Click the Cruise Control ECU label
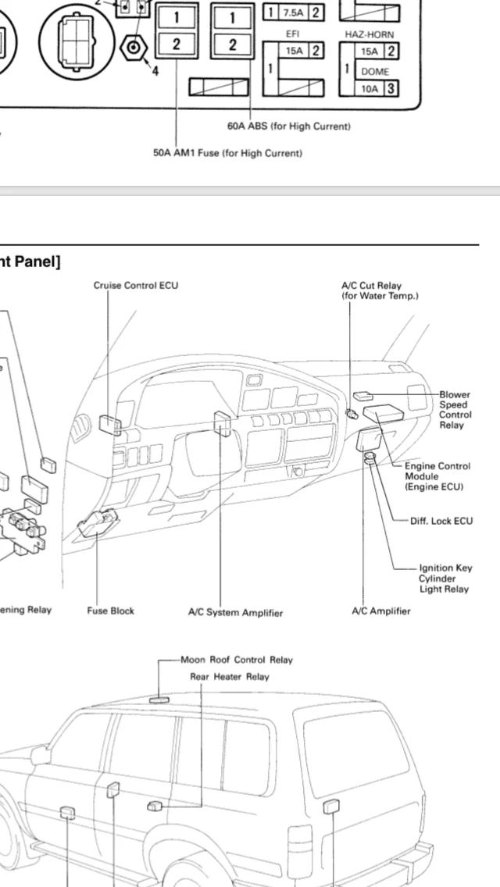click(x=136, y=285)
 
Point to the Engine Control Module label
click(x=437, y=476)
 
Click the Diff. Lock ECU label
click(x=441, y=521)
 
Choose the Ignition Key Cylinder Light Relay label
click(x=445, y=579)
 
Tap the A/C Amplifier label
click(x=380, y=611)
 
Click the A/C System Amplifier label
click(x=235, y=613)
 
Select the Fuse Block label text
click(x=110, y=611)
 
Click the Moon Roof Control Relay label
click(x=236, y=660)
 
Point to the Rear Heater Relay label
click(x=230, y=677)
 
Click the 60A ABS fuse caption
click(x=289, y=126)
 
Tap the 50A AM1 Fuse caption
click(x=227, y=153)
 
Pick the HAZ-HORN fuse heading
click(x=370, y=34)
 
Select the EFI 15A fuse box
click(x=294, y=52)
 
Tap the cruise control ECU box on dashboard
click(x=109, y=424)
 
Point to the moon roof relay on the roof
click(x=160, y=699)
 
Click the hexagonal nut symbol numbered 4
click(x=134, y=48)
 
